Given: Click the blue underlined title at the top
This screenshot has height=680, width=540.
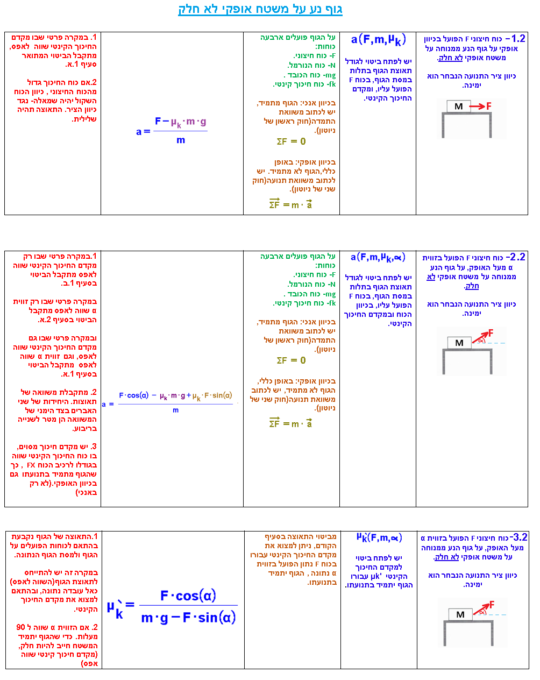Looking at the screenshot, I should coord(260,9).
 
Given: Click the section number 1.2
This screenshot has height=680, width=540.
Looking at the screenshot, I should coord(518,38).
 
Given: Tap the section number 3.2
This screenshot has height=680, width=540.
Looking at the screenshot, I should coord(520,537).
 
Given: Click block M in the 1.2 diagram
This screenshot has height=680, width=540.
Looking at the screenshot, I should coord(459,107).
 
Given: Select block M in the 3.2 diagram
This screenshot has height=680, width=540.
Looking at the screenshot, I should coord(460,614).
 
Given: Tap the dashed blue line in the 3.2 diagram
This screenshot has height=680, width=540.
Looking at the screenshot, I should coord(497,614).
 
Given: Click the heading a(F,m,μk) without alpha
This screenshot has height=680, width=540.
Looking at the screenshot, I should coord(378,39).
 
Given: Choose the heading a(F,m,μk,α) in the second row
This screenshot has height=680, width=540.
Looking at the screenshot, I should coord(378,257).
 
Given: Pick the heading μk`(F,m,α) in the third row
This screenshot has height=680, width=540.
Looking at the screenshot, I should coord(379,537).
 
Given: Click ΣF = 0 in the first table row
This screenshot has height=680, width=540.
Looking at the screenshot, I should coord(291,141).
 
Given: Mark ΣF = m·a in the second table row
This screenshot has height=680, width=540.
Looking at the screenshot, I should coord(290,423).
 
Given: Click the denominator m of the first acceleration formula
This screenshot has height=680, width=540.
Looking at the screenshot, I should coord(181,140).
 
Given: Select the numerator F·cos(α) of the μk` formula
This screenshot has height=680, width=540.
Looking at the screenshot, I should coord(188,596).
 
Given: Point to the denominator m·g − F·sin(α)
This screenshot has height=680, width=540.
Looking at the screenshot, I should coord(188,618).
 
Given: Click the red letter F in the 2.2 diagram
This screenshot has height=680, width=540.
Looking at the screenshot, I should coord(491,333).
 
